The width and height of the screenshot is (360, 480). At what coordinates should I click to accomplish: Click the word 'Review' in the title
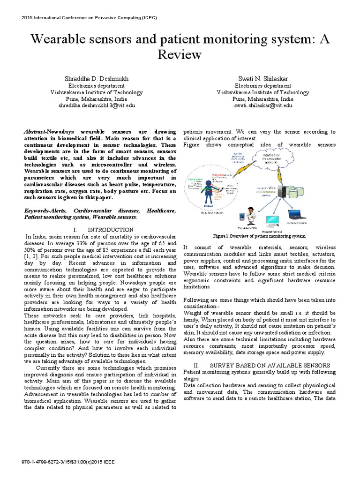pyautogui.click(x=180, y=55)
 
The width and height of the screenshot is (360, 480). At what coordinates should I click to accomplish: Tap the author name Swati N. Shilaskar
pyautogui.click(x=263, y=78)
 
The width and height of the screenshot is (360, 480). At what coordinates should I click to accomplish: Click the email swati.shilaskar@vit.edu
pyautogui.click(x=263, y=106)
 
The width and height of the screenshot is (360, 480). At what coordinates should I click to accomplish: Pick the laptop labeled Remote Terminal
pyautogui.click(x=296, y=215)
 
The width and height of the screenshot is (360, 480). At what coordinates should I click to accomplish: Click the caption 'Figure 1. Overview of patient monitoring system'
pyautogui.click(x=259, y=236)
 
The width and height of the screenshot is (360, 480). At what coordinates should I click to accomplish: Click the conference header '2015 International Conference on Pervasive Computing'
pyautogui.click(x=89, y=18)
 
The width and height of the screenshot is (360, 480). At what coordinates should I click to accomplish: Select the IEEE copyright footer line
pyautogui.click(x=68, y=461)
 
